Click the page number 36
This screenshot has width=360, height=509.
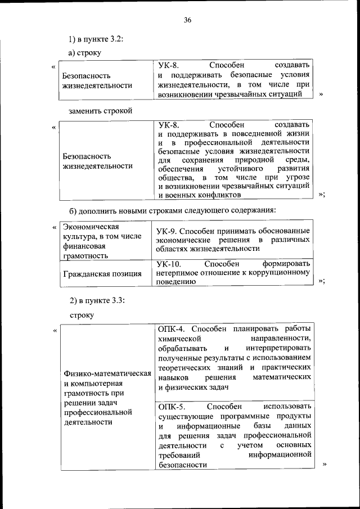187,20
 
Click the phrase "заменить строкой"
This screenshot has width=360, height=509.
100,111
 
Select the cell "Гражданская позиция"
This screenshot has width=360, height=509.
102,274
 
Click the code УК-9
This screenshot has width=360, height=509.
168,231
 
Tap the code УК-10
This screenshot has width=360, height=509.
169,263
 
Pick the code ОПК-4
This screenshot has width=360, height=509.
171,328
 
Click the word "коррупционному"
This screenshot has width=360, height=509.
279,273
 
